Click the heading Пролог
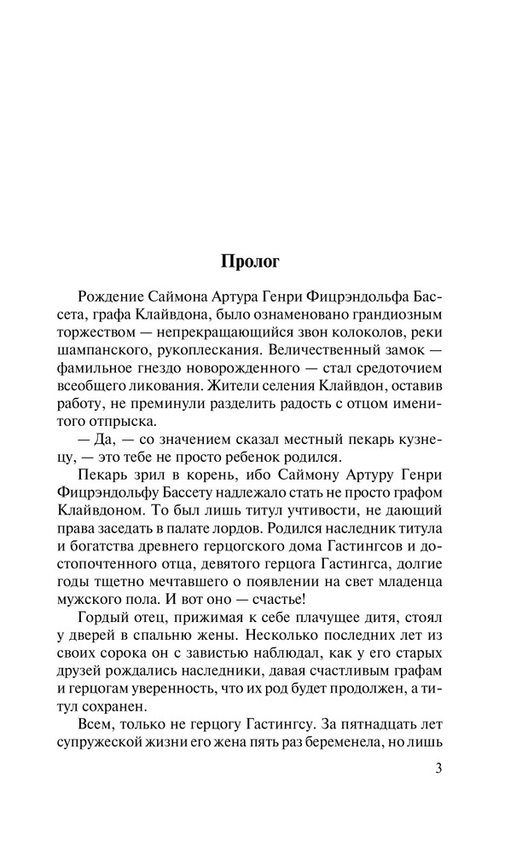263,260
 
